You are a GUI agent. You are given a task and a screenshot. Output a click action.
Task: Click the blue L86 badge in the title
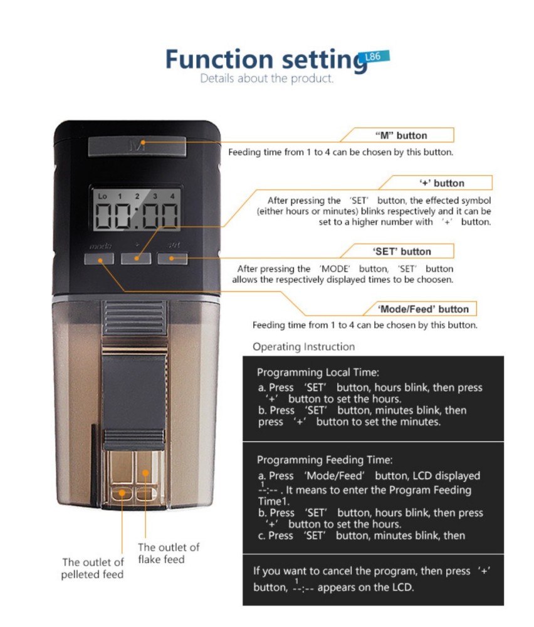coord(376,57)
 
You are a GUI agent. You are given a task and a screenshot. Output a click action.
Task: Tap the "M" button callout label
coord(401,135)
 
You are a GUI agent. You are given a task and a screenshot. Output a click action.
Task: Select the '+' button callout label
coord(442,183)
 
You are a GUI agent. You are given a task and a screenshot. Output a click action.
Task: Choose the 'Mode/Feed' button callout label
coord(423,309)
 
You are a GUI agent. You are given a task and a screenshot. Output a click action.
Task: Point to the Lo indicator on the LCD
coord(103,197)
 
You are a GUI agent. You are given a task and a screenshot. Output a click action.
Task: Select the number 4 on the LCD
coord(172,197)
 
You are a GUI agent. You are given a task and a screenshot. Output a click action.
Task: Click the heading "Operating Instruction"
coord(303,347)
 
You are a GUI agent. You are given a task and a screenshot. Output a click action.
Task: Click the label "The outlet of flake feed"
coord(169,553)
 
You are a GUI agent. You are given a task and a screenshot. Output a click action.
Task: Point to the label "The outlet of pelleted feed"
coord(92,568)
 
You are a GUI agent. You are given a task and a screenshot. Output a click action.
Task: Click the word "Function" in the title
coord(219,60)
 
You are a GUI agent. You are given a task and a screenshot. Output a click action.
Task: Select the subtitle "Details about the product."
coord(266,79)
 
